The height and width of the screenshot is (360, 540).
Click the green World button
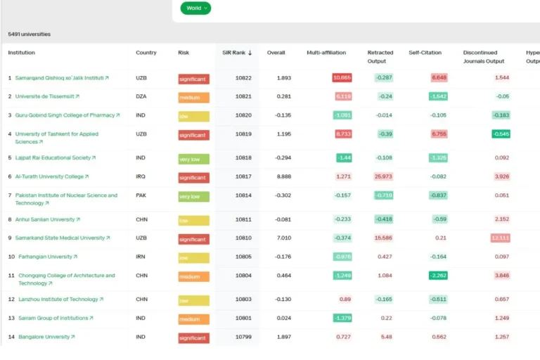[x=195, y=8]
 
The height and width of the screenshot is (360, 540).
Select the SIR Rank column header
[x=237, y=53]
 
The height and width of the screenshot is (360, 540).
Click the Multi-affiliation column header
[x=326, y=53]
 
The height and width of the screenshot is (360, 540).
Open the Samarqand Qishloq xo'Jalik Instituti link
[x=59, y=78]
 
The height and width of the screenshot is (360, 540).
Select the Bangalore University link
[x=44, y=337]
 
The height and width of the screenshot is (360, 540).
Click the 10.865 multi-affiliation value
[x=342, y=78]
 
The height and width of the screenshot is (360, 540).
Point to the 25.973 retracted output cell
[x=383, y=176]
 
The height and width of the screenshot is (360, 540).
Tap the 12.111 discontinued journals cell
[x=501, y=238]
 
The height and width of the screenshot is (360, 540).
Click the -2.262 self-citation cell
[x=438, y=276]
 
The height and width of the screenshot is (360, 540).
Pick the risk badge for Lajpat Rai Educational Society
[x=193, y=159]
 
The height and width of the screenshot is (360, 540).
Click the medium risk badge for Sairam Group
[x=193, y=319]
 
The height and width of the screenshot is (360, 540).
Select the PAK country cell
[x=141, y=195]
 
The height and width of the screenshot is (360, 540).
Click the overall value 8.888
[x=284, y=176]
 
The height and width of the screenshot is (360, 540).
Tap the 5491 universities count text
[x=30, y=34]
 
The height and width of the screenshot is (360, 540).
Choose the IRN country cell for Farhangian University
[x=141, y=257]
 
